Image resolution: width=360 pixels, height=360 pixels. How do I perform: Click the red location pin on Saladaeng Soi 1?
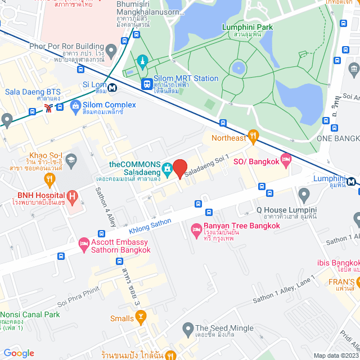click(x=179, y=168)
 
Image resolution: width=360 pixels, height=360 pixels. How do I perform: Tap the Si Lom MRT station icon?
click(x=113, y=88)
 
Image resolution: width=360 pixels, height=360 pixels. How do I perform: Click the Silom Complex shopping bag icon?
click(x=75, y=105)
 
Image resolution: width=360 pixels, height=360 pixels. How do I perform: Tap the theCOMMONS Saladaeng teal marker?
click(x=167, y=168)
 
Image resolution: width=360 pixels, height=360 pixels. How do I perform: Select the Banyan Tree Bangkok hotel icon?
click(x=196, y=229)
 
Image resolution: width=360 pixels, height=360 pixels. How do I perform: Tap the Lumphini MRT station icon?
click(x=351, y=181)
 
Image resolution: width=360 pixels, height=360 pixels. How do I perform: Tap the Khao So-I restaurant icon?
click(x=49, y=181)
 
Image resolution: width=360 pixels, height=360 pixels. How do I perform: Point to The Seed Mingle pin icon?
click(x=188, y=328)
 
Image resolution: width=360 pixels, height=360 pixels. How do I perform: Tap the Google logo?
click(x=18, y=353)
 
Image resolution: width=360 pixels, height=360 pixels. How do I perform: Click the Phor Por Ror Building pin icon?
click(x=111, y=51)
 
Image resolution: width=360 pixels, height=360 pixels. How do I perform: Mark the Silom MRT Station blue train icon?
click(x=147, y=84)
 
